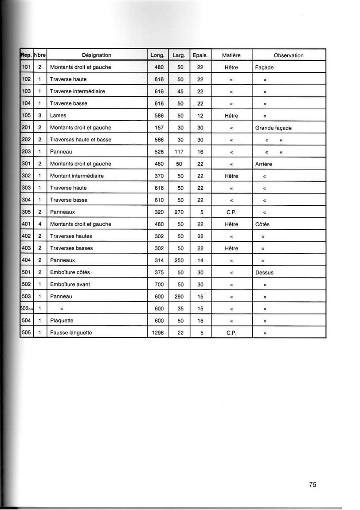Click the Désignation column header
(x=97, y=55)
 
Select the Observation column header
(x=289, y=55)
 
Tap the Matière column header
(x=231, y=55)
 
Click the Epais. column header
(x=200, y=55)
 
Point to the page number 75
(x=313, y=485)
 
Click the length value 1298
(x=158, y=333)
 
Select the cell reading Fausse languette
(x=71, y=333)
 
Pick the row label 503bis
(x=27, y=309)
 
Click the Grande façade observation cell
(x=273, y=128)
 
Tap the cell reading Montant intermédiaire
(x=77, y=176)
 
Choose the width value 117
(x=179, y=152)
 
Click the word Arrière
(x=264, y=164)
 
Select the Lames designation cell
(x=58, y=116)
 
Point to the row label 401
(x=27, y=224)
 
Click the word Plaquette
(x=62, y=321)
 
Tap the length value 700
(x=159, y=285)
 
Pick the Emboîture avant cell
(x=70, y=285)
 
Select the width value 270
(x=179, y=212)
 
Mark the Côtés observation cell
(x=262, y=224)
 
